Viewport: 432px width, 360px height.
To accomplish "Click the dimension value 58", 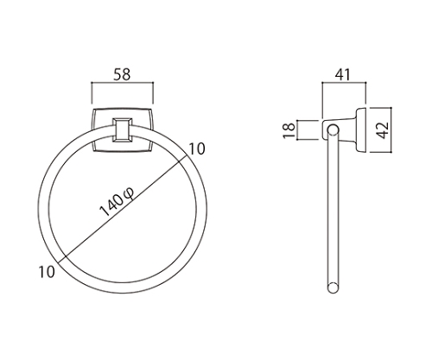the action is click(122, 74).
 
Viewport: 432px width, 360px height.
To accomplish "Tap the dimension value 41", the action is click(343, 74).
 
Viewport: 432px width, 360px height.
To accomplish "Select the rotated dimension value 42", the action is click(383, 130).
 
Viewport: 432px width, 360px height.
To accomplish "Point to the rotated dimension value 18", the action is click(289, 130).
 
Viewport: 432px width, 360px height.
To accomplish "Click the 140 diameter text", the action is click(111, 205).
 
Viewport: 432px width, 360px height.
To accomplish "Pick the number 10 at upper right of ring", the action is click(197, 148).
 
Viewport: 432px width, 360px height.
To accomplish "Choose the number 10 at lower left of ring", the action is click(47, 272).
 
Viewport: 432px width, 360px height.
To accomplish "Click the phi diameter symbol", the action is click(129, 193).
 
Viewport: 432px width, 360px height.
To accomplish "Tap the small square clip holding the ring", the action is click(123, 130).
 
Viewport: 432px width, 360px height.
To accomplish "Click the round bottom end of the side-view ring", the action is click(333, 288).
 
